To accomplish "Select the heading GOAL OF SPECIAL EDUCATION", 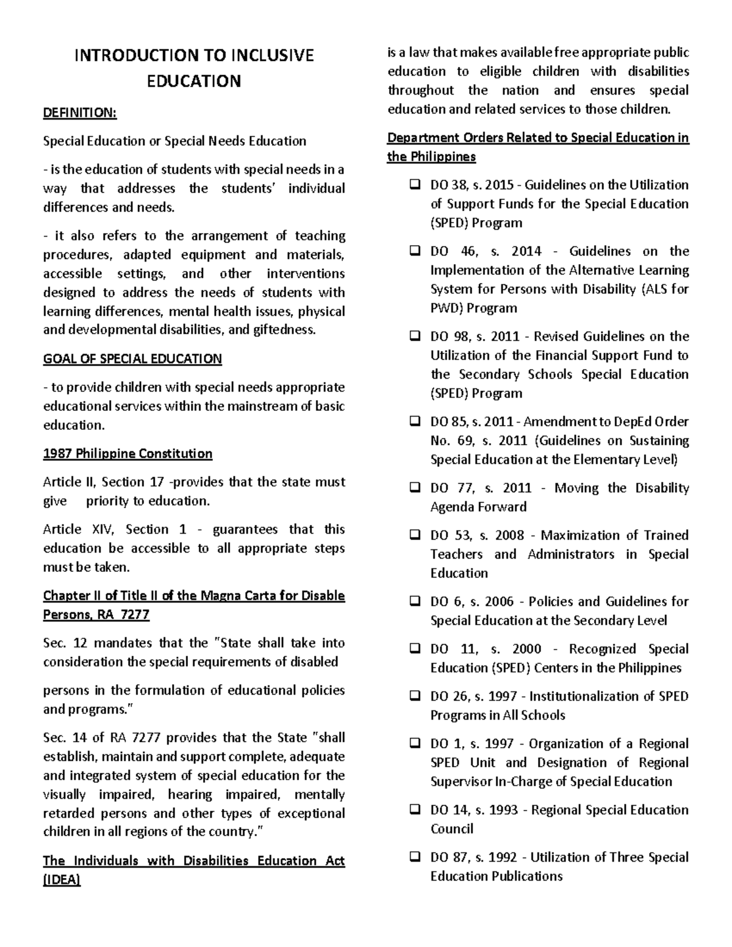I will tap(132, 359).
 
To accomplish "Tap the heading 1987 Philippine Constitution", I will tap(127, 454).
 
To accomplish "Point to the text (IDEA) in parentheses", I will tap(62, 879).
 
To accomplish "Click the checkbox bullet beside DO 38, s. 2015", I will tap(414, 185).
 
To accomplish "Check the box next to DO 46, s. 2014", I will tap(414, 251).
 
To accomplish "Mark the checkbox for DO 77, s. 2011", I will tap(414, 488).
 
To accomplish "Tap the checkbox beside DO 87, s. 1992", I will tap(414, 857).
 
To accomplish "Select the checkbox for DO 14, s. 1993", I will tap(414, 810).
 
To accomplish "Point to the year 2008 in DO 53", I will tap(509, 535).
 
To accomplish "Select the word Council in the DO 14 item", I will tap(451, 829).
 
